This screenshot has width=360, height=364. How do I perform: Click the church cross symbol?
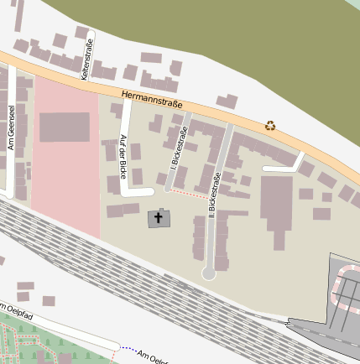(159, 217)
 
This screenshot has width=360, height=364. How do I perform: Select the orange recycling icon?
(270, 126)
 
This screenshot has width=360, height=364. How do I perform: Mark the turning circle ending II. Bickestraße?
(209, 273)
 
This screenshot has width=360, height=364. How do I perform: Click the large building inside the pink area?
(64, 127)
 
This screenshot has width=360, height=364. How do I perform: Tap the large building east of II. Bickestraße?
(276, 202)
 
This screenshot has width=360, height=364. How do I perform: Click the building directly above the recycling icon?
(226, 101)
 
